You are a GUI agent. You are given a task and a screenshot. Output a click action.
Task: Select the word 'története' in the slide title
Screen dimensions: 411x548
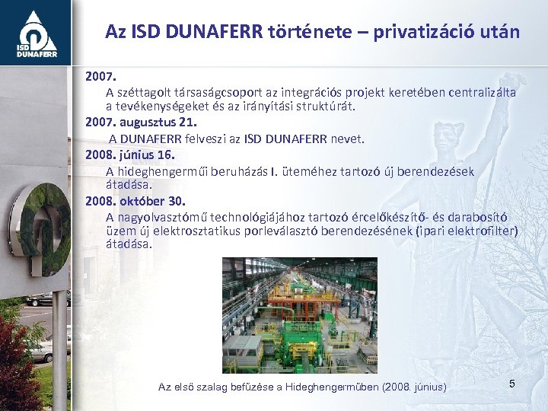[x=292, y=32]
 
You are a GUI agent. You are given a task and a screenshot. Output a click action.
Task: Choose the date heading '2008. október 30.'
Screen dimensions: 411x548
[x=135, y=202]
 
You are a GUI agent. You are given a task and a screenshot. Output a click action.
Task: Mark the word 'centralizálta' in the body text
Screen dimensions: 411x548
[x=477, y=92]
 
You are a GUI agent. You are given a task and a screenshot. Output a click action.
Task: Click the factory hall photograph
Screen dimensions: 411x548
[x=299, y=314]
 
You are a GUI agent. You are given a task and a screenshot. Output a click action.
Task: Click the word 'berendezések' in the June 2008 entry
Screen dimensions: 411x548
[x=434, y=171]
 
